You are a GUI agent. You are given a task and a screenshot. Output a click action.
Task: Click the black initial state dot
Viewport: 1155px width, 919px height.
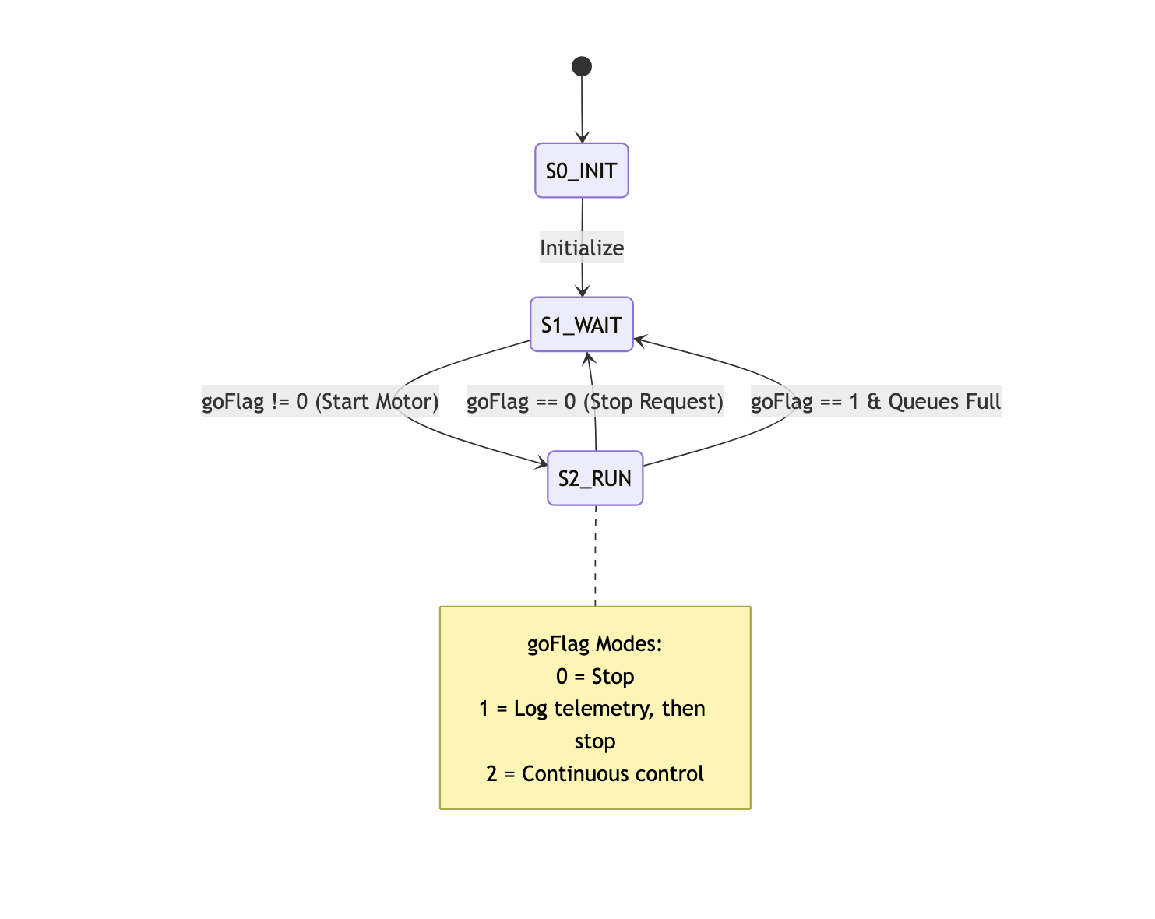coord(581,66)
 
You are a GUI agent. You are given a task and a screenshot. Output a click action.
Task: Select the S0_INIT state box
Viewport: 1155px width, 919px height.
coord(581,171)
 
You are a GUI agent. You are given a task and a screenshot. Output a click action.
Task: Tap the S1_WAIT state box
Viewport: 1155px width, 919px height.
coord(581,325)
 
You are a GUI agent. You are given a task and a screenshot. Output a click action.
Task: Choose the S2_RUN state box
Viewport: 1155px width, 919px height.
coord(595,478)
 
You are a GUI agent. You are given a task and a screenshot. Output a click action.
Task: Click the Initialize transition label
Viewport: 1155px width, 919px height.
coord(582,248)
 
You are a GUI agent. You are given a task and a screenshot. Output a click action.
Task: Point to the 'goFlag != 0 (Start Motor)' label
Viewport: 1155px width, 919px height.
coord(320,402)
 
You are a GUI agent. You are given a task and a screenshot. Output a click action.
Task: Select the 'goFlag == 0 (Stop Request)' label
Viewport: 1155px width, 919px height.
coord(595,402)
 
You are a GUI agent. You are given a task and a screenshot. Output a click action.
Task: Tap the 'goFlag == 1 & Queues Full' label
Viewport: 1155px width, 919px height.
coord(875,402)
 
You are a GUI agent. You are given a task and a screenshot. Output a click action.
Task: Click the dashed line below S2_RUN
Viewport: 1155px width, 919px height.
coord(596,555)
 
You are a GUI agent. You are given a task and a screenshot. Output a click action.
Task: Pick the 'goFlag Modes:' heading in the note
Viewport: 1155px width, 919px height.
coord(595,644)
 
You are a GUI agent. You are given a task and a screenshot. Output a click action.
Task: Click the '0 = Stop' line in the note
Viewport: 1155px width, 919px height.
coord(595,677)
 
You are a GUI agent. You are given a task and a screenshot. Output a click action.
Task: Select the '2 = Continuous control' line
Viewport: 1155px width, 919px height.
coord(595,774)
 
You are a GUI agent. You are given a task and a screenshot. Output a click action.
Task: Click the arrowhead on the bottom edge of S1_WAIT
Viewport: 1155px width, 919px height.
coord(589,357)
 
